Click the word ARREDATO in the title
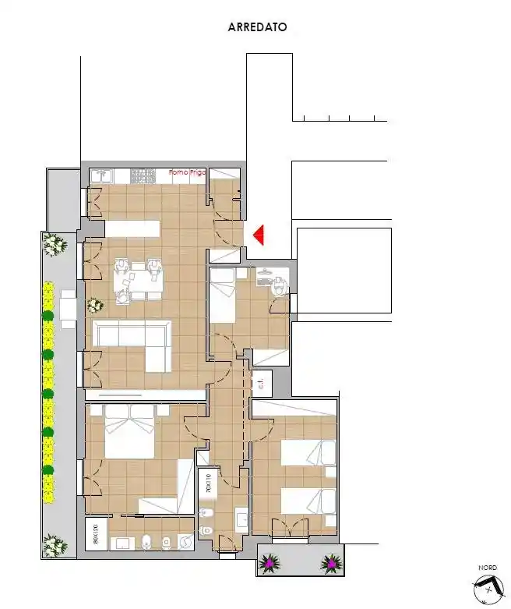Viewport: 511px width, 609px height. coord(257,27)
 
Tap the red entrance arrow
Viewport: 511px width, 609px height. coord(259,234)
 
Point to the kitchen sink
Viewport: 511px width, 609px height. coord(101,176)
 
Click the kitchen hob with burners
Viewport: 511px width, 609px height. coord(144,176)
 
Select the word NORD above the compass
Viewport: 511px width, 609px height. coord(487,567)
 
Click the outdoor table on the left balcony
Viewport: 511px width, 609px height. coord(68,306)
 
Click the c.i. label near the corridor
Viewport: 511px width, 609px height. coord(262,383)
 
